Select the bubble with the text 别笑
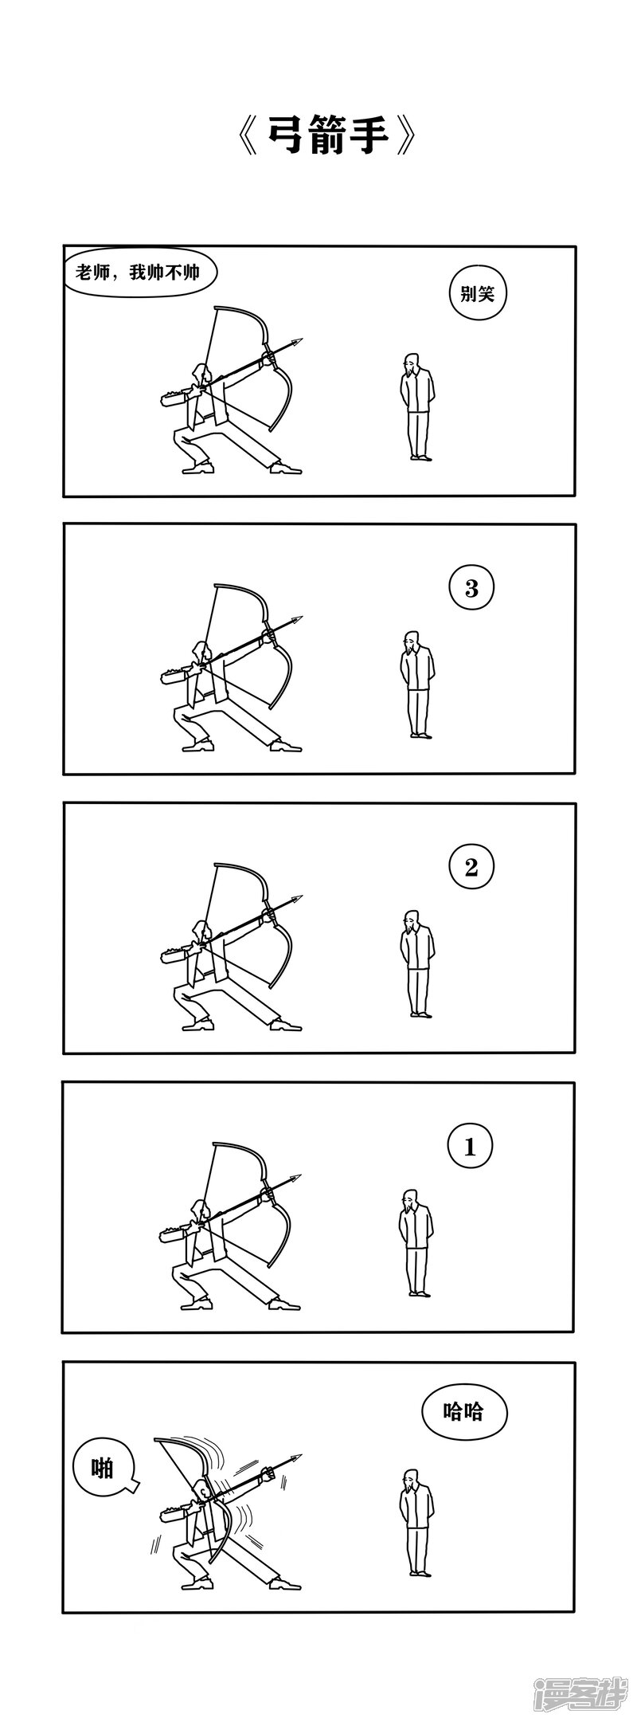[x=477, y=294]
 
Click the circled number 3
[x=471, y=589]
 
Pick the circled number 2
[x=471, y=867]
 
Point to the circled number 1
[x=470, y=1147]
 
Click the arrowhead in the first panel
[x=297, y=343]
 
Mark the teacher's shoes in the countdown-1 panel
[x=420, y=1292]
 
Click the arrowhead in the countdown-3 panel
[x=297, y=621]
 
